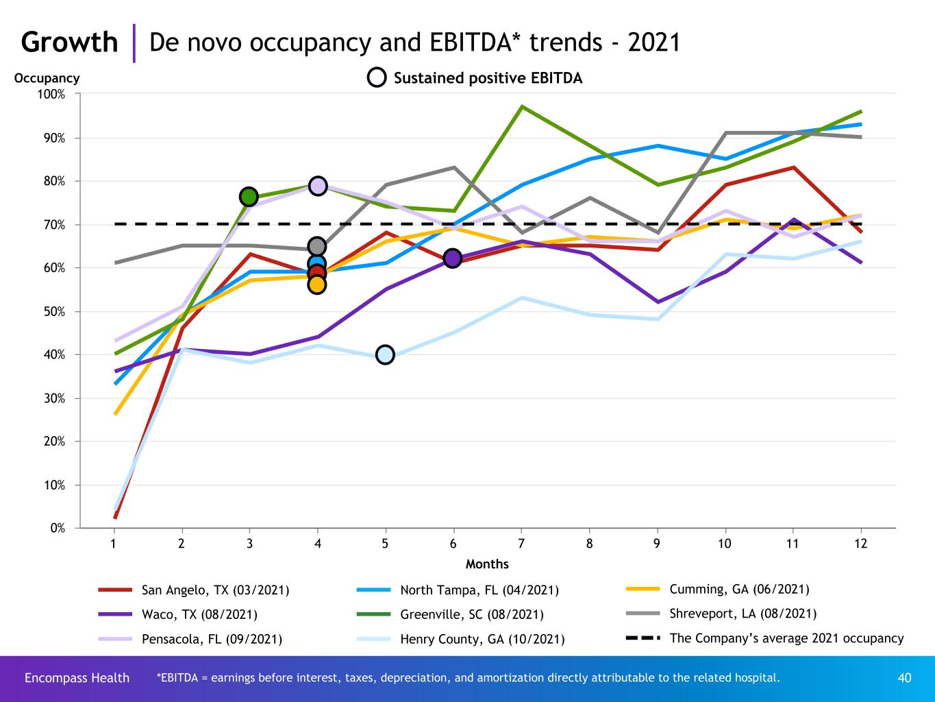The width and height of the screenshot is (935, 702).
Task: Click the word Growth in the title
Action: (x=69, y=43)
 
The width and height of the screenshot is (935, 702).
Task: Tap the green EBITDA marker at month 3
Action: (x=249, y=197)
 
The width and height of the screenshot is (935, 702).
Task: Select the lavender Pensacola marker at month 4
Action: (x=317, y=186)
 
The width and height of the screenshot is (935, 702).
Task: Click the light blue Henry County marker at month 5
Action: (x=385, y=354)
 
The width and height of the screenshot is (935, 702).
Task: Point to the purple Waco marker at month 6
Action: (x=452, y=258)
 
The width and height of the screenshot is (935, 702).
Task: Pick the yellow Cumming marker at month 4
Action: (x=316, y=285)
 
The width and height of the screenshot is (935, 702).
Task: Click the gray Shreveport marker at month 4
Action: (x=316, y=246)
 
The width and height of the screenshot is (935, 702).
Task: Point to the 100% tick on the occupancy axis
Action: (x=52, y=94)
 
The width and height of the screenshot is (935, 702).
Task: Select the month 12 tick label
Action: (x=860, y=544)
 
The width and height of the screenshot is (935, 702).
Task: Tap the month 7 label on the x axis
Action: (x=521, y=544)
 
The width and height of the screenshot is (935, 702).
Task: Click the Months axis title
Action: (x=487, y=564)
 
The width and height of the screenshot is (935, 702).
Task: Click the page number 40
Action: (x=904, y=678)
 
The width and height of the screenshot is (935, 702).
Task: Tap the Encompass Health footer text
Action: (x=77, y=678)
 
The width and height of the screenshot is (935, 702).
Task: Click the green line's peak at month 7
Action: (x=522, y=106)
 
